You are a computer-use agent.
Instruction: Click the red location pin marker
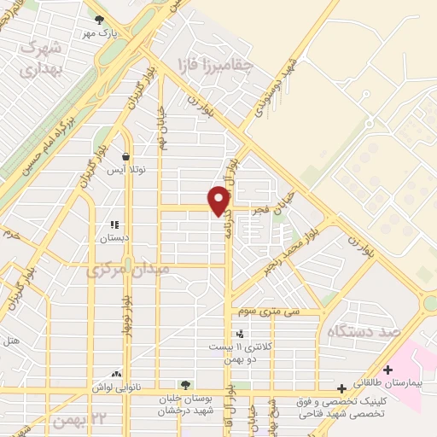[x=220, y=201]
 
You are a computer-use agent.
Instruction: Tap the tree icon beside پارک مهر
[x=100, y=20]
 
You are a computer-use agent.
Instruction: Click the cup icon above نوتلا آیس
[x=126, y=157]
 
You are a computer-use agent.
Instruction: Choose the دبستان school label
[x=114, y=238]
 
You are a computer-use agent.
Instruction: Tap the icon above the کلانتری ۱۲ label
[x=239, y=334]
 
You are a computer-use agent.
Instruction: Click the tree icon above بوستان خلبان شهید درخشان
[x=185, y=385]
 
